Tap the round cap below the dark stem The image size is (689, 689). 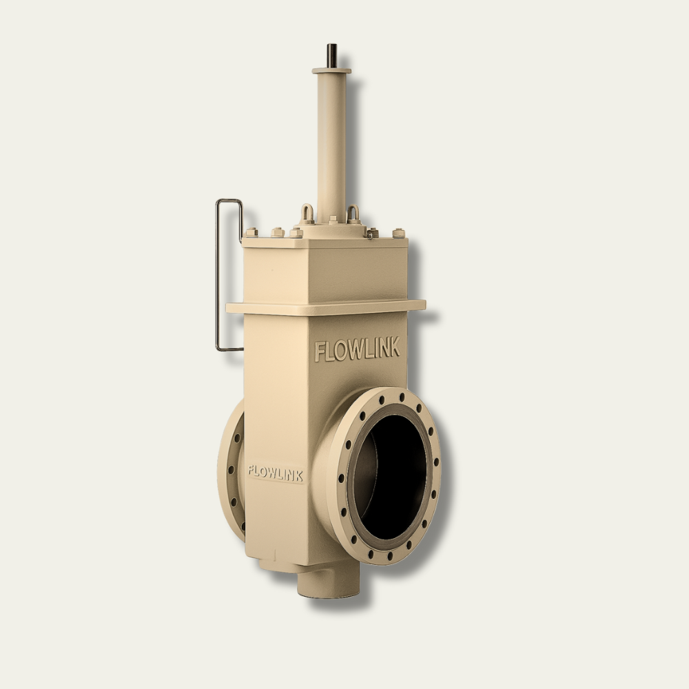pyautogui.click(x=332, y=70)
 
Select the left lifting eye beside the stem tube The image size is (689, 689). pyautogui.click(x=307, y=214)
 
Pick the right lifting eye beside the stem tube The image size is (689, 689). pyautogui.click(x=353, y=214)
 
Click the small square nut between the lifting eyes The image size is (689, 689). pyautogui.click(x=333, y=219)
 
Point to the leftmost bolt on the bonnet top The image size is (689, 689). pyautogui.click(x=251, y=232)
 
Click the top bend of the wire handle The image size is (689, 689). pyautogui.click(x=229, y=200)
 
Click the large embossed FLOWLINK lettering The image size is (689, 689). pyautogui.click(x=357, y=349)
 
